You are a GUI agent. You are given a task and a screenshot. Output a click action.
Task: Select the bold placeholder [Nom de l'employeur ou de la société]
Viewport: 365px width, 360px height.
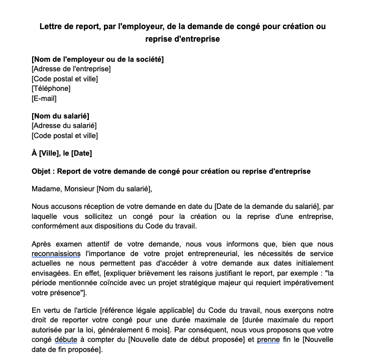click(x=97, y=59)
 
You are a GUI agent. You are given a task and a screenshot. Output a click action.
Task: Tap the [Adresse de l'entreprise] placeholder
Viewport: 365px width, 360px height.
click(x=71, y=69)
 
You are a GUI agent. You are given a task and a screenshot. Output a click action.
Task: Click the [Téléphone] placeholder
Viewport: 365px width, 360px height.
click(x=51, y=88)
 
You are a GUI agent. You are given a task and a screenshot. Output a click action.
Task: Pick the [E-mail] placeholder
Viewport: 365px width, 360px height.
click(x=44, y=98)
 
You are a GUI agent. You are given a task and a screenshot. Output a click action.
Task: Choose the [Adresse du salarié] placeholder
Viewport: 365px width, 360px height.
click(x=64, y=126)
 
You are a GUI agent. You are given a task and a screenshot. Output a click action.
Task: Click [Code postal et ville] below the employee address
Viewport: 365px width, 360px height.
click(x=64, y=136)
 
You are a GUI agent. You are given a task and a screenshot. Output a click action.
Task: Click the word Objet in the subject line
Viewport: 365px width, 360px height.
click(x=42, y=171)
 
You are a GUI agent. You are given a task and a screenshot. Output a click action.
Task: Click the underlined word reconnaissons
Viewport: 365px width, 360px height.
click(x=56, y=254)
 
